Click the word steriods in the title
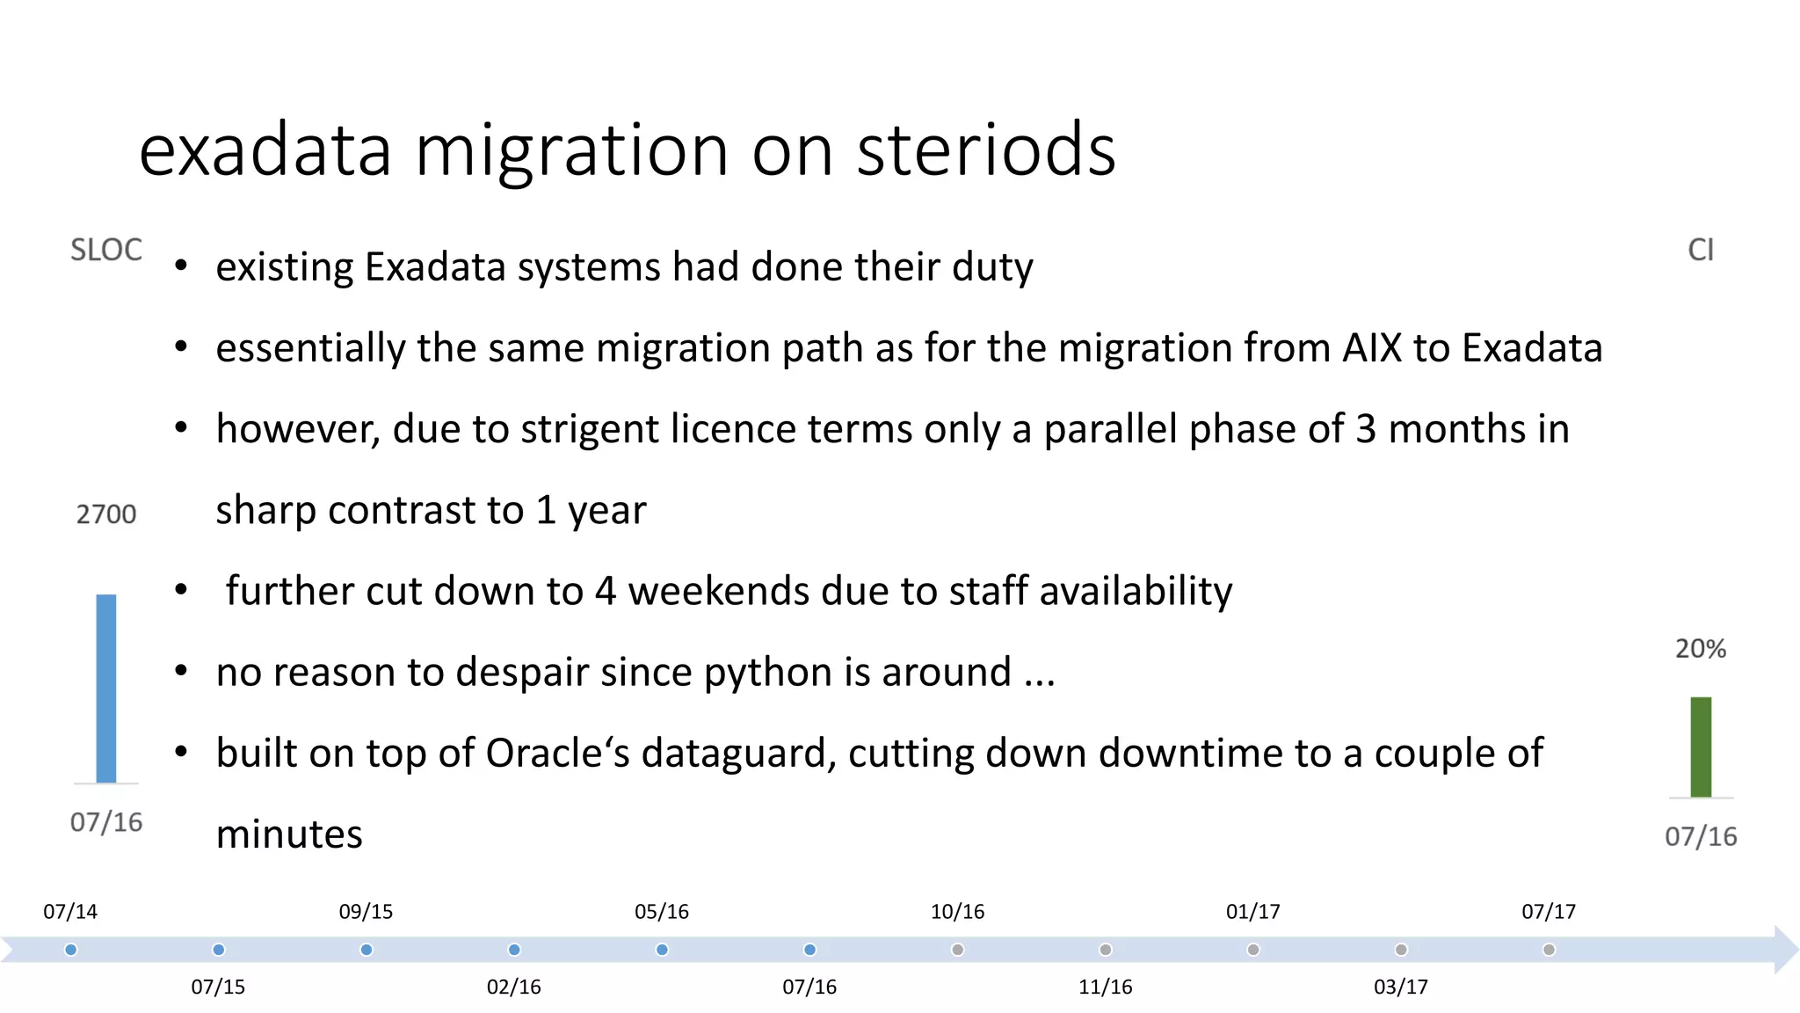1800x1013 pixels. pos(985,149)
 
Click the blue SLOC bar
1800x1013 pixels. pos(105,689)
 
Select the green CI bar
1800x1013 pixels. pos(1701,747)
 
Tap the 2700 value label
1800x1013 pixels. pos(106,514)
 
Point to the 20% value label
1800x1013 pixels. pos(1701,649)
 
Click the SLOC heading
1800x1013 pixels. pos(106,251)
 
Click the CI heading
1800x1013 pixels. pos(1701,251)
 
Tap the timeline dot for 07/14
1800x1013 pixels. pos(71,950)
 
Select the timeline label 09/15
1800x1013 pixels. pos(366,912)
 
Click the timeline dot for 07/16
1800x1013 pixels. pos(809,950)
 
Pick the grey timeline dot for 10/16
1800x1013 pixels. pos(958,950)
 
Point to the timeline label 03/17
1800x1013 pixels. pos(1401,987)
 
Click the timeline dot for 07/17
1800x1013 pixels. pos(1549,950)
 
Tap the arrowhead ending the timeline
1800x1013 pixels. pos(1786,950)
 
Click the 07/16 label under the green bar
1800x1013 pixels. pos(1701,836)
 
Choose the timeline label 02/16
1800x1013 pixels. pos(514,987)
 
